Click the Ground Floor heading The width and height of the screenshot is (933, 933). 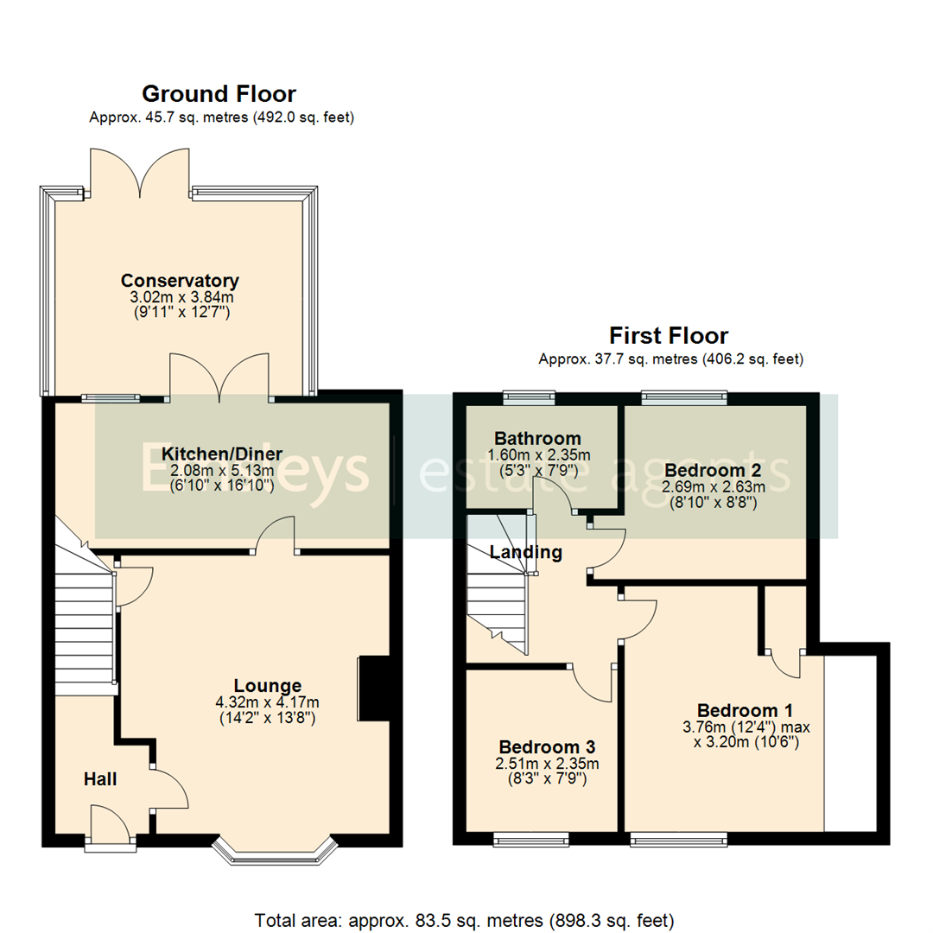coord(219,93)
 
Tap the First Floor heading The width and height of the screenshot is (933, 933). coord(669,335)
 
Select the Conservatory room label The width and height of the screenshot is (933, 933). coord(180,281)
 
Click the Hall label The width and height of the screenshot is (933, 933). coord(100,779)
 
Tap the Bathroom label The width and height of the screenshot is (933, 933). coord(537,438)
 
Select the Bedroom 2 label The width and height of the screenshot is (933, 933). coord(713,471)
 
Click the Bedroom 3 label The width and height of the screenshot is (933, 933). coord(547,746)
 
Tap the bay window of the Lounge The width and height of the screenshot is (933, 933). coord(274,851)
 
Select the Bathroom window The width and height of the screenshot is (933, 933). coord(530,397)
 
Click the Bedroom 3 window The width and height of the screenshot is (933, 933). coord(531,838)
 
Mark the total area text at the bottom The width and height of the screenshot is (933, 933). coord(464,920)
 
